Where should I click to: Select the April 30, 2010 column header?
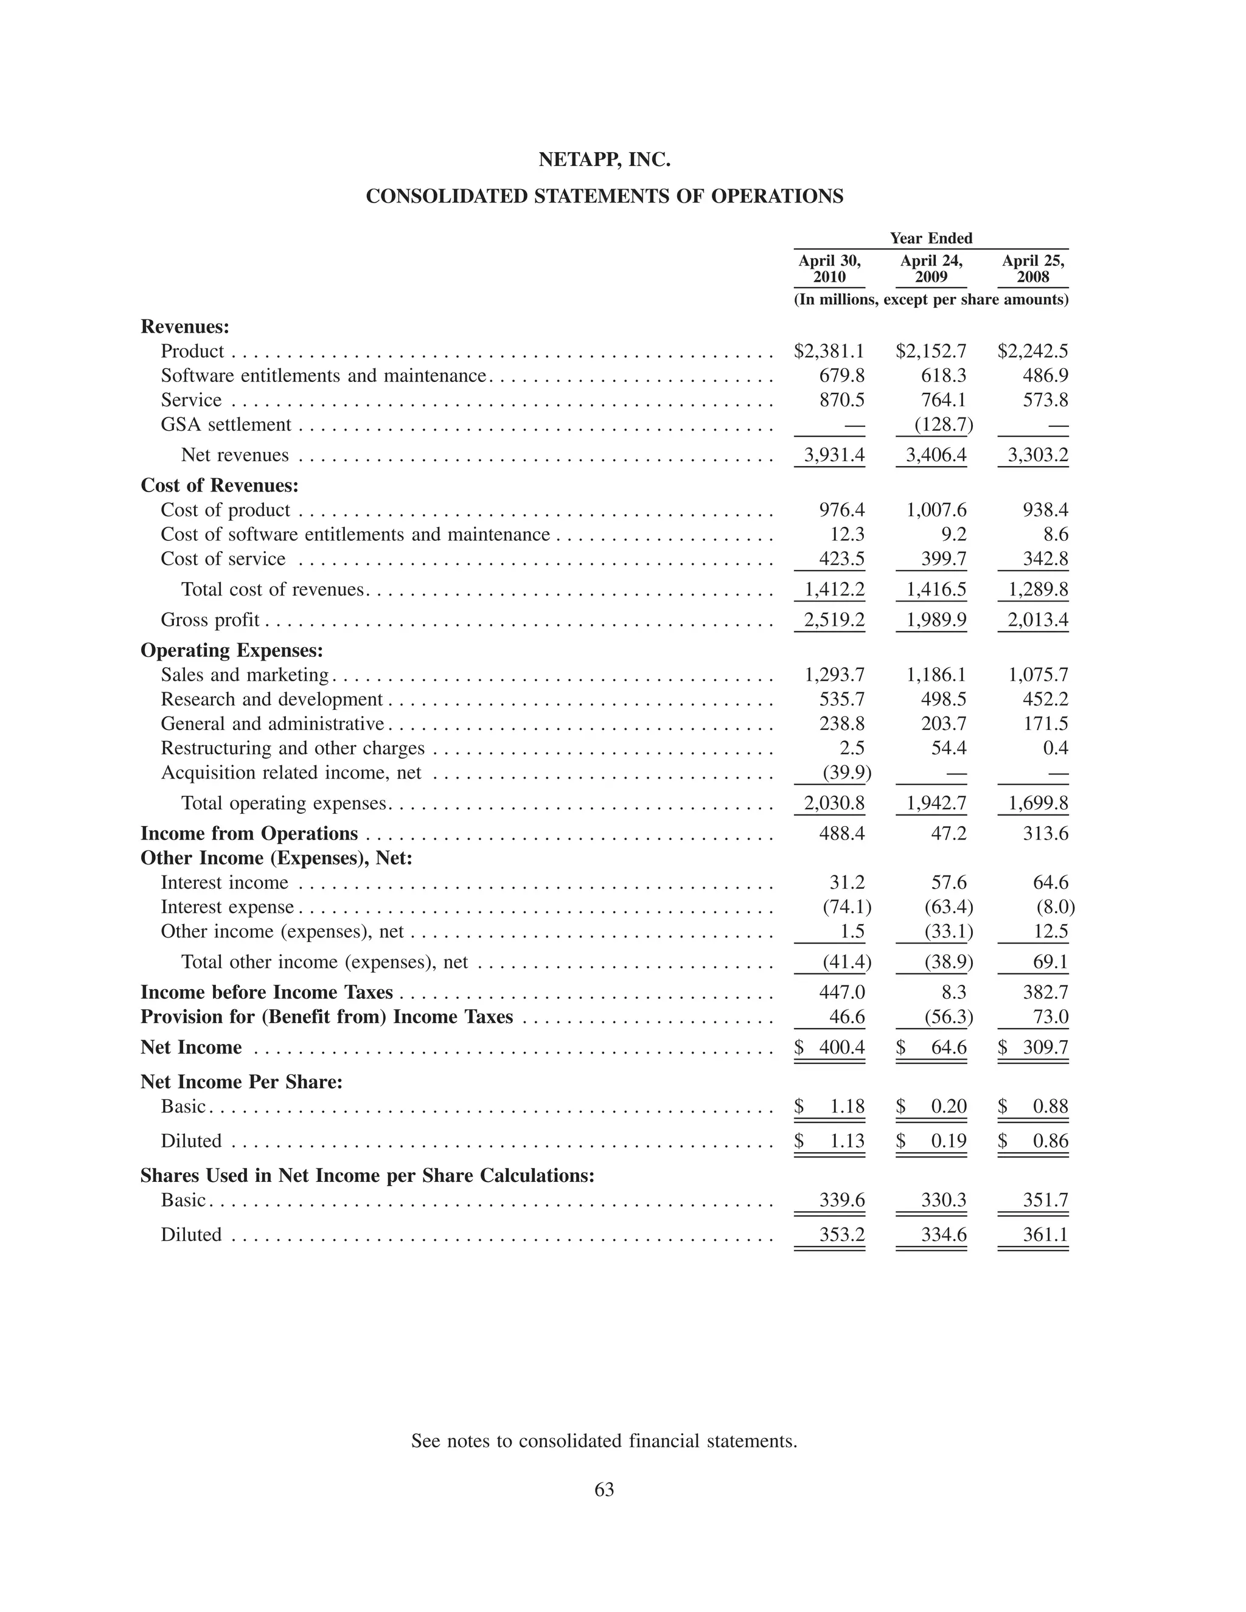click(829, 269)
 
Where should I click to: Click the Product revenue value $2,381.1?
click(829, 352)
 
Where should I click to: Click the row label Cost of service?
click(223, 560)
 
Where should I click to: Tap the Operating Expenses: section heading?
click(232, 650)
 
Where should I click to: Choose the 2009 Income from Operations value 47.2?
click(948, 834)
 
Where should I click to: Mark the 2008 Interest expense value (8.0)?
click(1056, 907)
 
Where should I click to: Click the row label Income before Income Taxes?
click(266, 993)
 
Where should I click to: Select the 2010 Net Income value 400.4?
click(841, 1048)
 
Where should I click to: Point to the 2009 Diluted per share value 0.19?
click(948, 1142)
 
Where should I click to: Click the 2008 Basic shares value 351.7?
click(1045, 1201)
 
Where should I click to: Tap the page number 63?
click(604, 1490)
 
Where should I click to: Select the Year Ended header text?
click(931, 238)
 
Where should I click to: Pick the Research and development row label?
click(271, 700)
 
